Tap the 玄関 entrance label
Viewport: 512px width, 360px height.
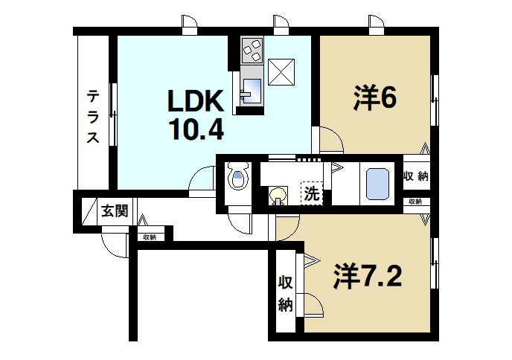114,211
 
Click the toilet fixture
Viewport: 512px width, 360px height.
237,179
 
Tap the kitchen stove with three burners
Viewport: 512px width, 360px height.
252,50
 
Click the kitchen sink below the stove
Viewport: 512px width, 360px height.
250,90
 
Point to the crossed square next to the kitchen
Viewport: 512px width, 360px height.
281,71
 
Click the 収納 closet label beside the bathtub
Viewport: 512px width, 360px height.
416,176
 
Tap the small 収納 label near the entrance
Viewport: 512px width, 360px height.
150,237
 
